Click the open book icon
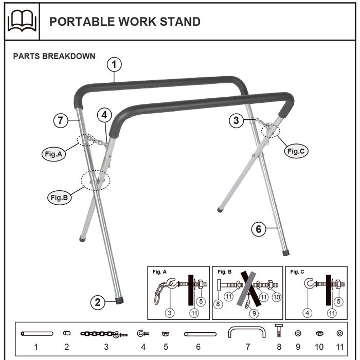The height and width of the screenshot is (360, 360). [x=22, y=22]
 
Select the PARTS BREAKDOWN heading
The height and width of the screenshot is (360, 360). [x=54, y=56]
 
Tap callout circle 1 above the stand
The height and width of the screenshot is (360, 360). [x=114, y=65]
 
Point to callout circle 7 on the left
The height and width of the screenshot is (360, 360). [x=61, y=121]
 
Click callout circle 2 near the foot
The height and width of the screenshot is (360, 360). [x=98, y=302]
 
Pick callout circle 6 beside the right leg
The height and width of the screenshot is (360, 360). [x=259, y=229]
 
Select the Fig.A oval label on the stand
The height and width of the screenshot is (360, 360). [x=53, y=153]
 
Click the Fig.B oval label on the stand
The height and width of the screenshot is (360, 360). [x=59, y=196]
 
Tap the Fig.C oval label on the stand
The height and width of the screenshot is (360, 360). [x=297, y=151]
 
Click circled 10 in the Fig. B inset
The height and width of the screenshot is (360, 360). [x=276, y=297]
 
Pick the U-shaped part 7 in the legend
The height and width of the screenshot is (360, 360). [x=247, y=332]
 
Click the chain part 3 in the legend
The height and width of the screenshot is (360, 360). [x=103, y=334]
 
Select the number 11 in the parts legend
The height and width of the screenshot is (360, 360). [x=339, y=347]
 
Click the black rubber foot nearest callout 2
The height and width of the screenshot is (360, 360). [x=119, y=299]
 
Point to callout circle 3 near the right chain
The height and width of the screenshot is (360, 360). [x=236, y=121]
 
